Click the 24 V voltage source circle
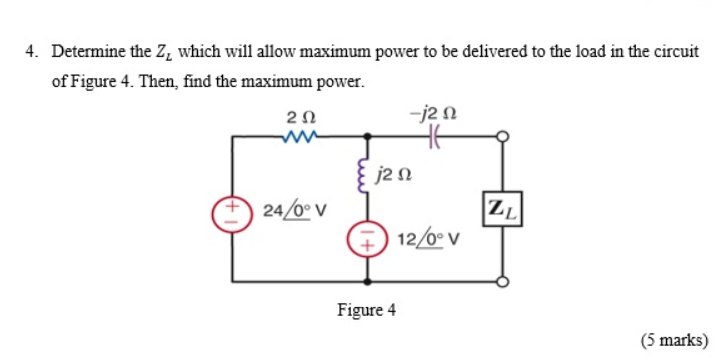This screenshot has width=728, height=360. [233, 210]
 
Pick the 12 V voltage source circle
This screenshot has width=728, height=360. [364, 240]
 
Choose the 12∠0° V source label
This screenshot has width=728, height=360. [427, 240]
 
